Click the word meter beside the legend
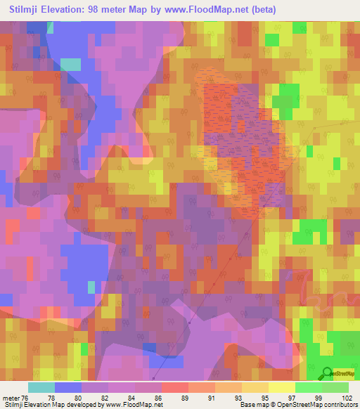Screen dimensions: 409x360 pyautogui.click(x=10, y=397)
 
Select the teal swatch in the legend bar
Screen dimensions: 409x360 pyautogui.click(x=41, y=387)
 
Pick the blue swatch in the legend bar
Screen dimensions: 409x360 pyautogui.click(x=68, y=387)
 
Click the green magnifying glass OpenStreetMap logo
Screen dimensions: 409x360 pyautogui.click(x=327, y=374)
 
